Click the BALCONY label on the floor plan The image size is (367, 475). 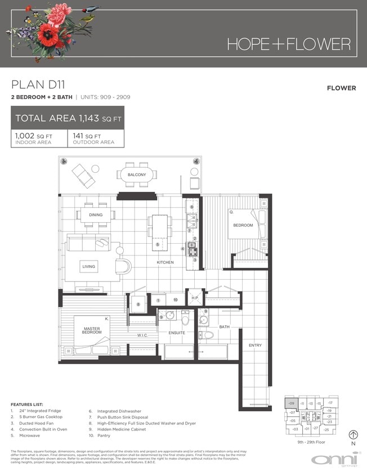tap(137, 175)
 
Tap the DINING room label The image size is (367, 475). tap(95, 214)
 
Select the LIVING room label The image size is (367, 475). tap(88, 266)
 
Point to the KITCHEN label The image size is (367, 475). tap(165, 263)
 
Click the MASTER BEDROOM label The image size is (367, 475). tap(92, 330)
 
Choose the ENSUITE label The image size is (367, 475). tap(177, 333)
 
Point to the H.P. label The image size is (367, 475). tap(195, 297)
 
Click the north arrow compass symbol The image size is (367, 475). tap(353, 434)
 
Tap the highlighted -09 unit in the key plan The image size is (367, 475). tap(291, 403)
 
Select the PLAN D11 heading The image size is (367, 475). tap(38, 85)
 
